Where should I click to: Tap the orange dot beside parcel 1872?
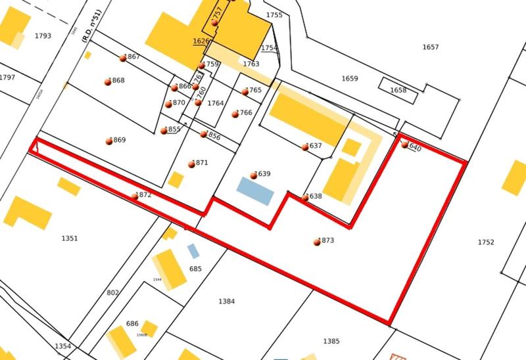(x=135, y=196)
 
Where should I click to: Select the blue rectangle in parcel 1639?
(x=254, y=190)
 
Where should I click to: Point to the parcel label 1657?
(x=431, y=47)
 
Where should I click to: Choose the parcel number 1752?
(x=485, y=242)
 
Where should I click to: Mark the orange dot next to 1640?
(x=405, y=145)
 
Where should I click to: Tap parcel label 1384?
(x=226, y=302)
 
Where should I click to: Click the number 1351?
(x=70, y=238)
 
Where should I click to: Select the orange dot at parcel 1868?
(x=108, y=81)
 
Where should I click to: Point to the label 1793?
(x=43, y=36)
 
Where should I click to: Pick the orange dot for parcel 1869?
(x=109, y=141)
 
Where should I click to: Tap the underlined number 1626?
(x=201, y=41)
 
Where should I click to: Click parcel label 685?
(x=195, y=269)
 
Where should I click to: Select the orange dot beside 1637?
(x=305, y=147)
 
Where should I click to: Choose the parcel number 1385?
(x=331, y=342)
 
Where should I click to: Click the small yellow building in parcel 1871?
(x=176, y=179)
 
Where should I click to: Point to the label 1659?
(x=350, y=79)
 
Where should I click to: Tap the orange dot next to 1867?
(x=123, y=58)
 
